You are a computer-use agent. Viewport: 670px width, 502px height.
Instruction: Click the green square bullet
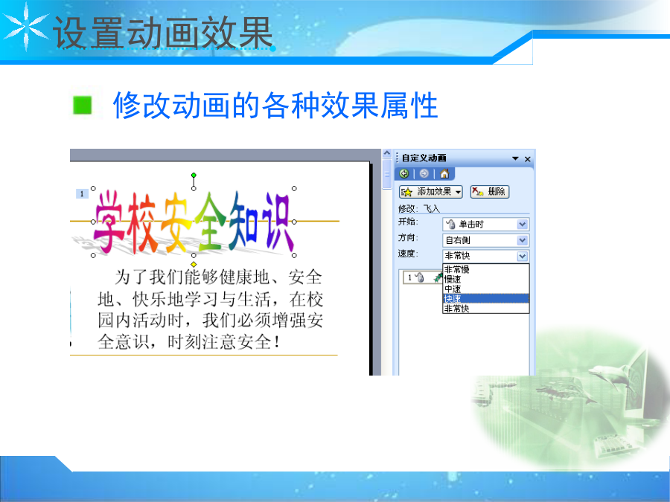(x=83, y=105)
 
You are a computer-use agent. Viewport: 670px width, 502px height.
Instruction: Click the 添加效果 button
(x=431, y=192)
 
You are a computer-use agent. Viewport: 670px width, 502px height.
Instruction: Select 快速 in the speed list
(x=486, y=298)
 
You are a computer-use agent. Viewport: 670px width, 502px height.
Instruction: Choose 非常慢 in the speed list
(x=486, y=269)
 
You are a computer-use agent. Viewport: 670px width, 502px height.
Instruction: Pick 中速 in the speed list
(x=486, y=289)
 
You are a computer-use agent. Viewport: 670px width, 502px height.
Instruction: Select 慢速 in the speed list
(x=486, y=279)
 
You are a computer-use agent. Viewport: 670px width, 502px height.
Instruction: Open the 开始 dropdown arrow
(x=522, y=224)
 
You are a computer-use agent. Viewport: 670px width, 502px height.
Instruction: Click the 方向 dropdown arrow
(x=522, y=240)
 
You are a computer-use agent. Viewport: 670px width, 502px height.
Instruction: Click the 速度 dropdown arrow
(x=522, y=256)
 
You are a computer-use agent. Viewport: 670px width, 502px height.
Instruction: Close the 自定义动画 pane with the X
(x=528, y=159)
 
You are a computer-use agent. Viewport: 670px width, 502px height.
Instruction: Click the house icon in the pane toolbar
(x=444, y=173)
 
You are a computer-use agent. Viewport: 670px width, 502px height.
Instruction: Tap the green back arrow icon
(x=404, y=173)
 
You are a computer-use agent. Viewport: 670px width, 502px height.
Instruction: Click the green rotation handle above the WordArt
(x=194, y=175)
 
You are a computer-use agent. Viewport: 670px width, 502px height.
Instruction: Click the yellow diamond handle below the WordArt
(x=194, y=264)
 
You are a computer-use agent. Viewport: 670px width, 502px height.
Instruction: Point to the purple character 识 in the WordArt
(x=278, y=221)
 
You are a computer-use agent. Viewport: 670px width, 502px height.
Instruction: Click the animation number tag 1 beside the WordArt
(x=82, y=194)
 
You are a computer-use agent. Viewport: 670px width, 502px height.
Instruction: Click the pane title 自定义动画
(x=424, y=158)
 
